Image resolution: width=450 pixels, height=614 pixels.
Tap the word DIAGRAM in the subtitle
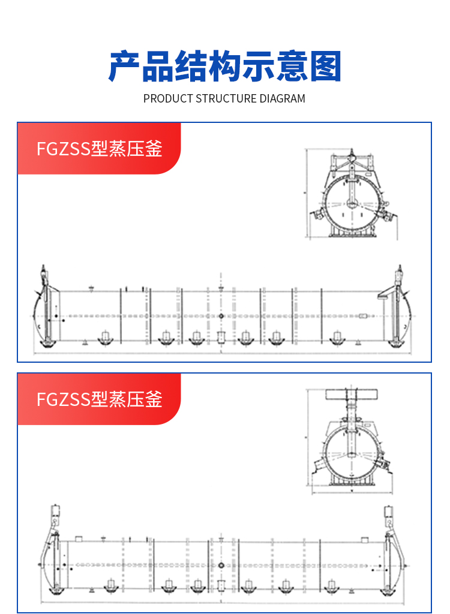point(282,98)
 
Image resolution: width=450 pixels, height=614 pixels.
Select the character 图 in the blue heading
point(325,67)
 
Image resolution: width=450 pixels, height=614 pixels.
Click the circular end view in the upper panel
point(352,204)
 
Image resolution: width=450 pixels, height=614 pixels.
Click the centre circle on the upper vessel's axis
point(221,316)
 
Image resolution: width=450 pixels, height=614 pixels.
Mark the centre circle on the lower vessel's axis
point(221,565)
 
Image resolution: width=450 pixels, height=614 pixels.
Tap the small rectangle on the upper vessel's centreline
point(220,338)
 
